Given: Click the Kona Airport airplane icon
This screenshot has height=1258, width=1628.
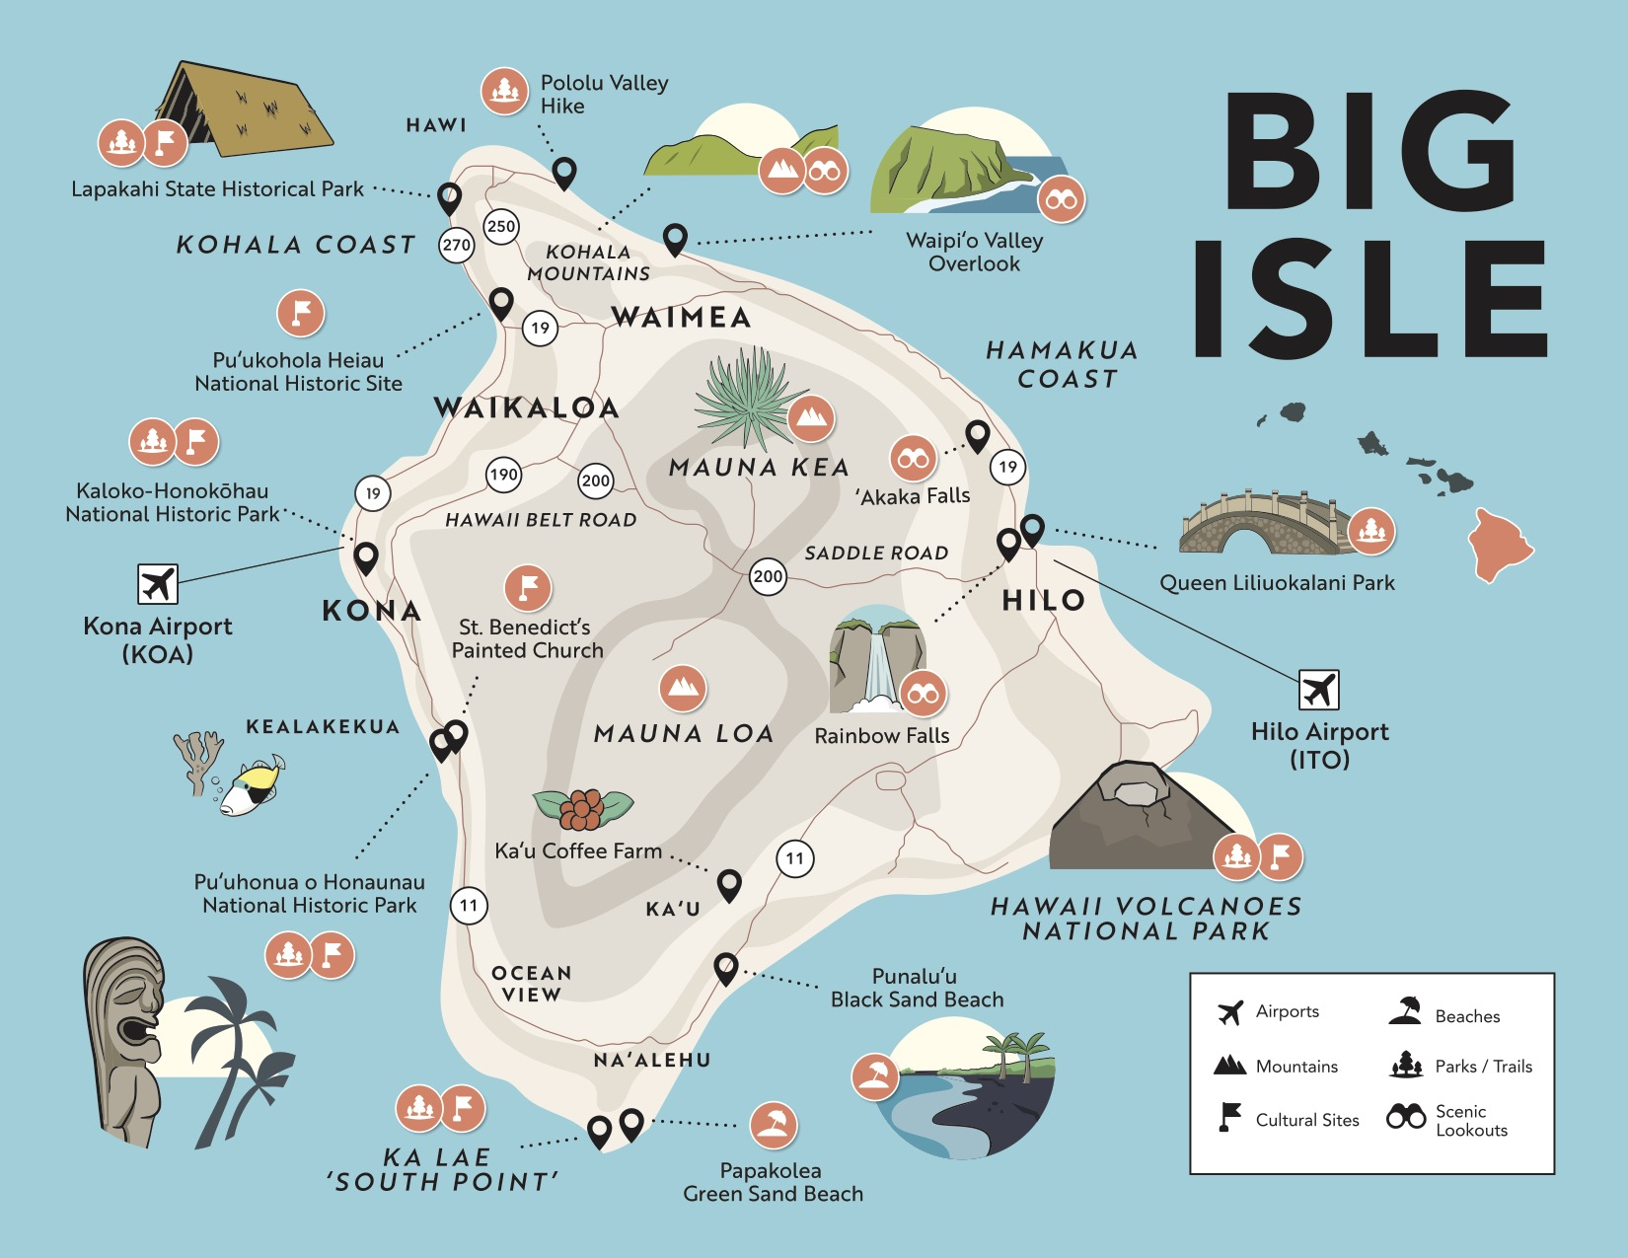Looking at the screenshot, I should coord(158,584).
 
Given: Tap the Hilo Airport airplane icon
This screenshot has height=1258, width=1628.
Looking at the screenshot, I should coord(1318,690).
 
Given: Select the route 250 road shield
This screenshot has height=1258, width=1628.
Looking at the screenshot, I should coord(501,226).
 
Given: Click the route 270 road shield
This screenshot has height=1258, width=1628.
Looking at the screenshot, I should coord(456,245).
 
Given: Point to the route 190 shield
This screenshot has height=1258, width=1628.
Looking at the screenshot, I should coord(504,475).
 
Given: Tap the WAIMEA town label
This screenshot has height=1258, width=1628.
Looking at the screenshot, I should coord(681,317).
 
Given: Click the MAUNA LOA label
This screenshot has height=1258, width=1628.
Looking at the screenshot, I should coord(684,733).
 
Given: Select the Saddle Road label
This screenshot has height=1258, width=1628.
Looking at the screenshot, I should coord(876,554).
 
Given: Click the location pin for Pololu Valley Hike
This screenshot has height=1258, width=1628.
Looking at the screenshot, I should coord(563,173).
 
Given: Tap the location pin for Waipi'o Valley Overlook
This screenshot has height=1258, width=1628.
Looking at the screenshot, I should coord(675,238).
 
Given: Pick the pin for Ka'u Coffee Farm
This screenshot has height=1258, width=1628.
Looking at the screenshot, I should coord(729,884).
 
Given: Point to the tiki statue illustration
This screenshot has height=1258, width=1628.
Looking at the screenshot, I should coord(123,1036).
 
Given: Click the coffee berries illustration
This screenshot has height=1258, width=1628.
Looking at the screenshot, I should coord(582,808).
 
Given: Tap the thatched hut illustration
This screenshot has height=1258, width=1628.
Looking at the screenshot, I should coord(247,111).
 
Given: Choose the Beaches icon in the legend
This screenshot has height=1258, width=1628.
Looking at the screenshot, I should coord(1405,1011).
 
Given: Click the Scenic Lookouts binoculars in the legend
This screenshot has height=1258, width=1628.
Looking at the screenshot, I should coord(1406,1117).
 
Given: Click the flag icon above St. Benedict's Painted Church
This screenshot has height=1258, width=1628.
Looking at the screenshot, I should coord(528,588).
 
